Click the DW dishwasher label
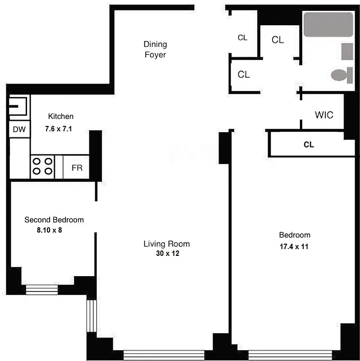point(19,130)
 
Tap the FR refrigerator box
point(77,167)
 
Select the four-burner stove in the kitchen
point(42,167)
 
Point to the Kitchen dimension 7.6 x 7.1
point(59,129)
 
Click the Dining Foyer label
point(155,50)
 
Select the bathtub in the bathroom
point(328,24)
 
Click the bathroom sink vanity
point(347,51)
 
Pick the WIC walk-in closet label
point(324,115)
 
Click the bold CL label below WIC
point(309,145)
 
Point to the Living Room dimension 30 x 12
point(166,254)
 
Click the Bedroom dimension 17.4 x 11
point(294,247)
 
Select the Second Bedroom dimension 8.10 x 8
point(52,230)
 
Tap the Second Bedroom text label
point(54,220)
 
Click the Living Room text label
point(166,244)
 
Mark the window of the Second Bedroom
point(42,289)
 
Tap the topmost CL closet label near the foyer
point(243,38)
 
